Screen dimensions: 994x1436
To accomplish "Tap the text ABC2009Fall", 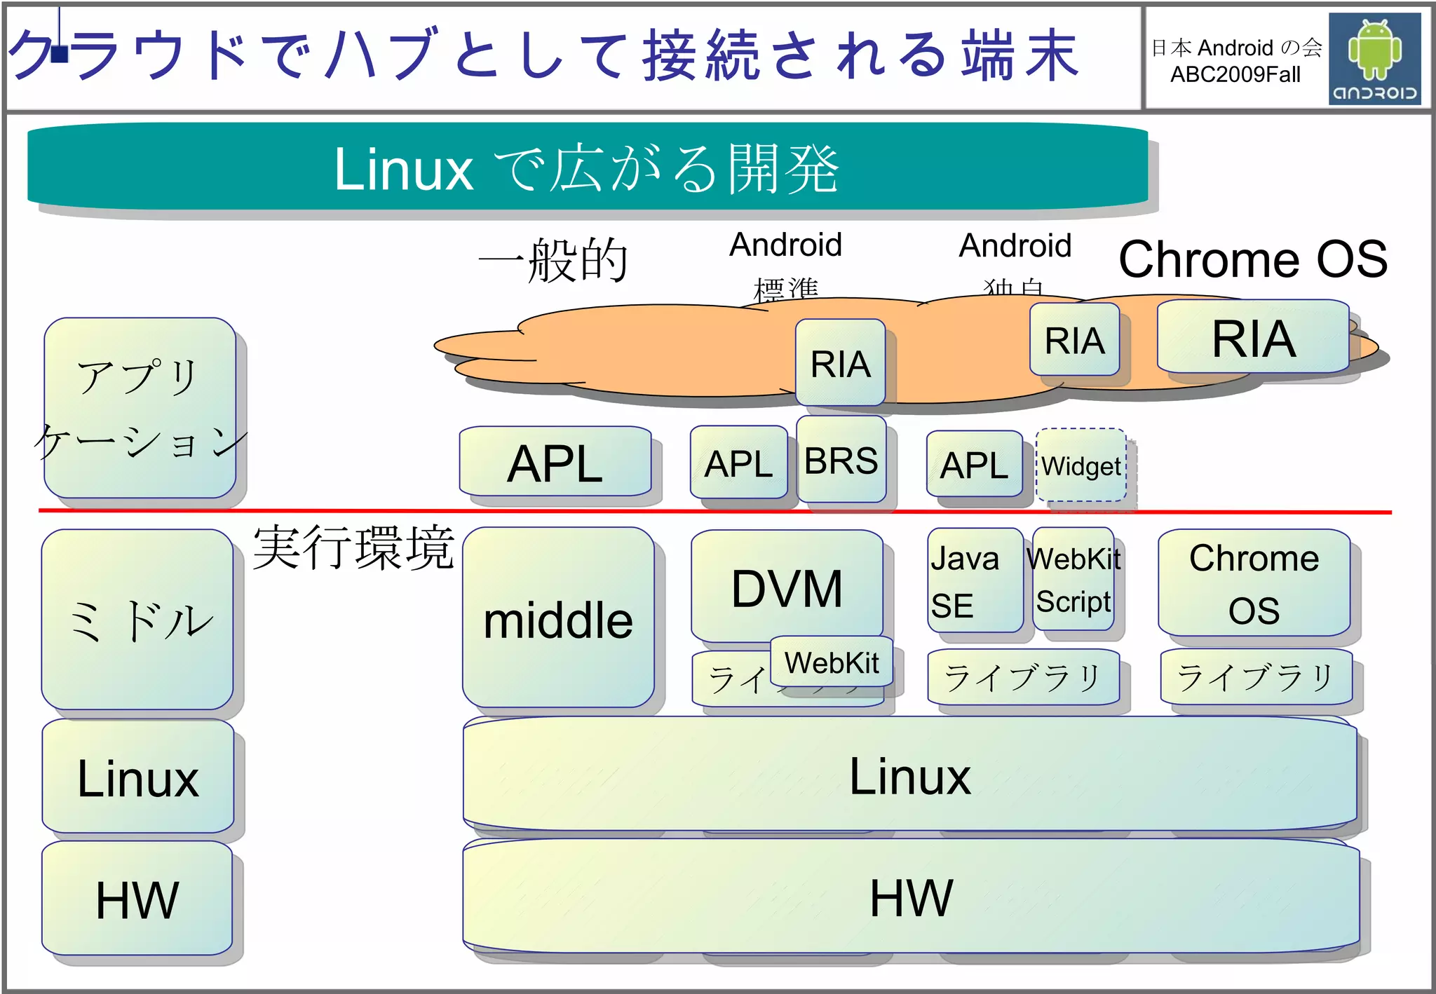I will [x=1235, y=74].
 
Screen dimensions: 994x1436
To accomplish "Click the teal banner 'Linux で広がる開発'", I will [x=588, y=168].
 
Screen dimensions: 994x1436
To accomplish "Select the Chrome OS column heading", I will [x=1253, y=259].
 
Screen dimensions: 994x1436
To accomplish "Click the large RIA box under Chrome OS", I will [x=1253, y=338].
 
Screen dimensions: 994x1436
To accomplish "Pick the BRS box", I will [x=841, y=461].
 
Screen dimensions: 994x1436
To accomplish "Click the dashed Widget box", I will [x=1081, y=465].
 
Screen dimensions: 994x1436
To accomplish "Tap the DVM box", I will [x=787, y=587].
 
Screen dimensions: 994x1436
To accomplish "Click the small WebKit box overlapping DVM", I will [x=831, y=662].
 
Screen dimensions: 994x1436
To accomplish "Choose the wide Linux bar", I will [x=909, y=775].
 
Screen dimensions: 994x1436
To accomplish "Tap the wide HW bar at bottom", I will [x=911, y=897].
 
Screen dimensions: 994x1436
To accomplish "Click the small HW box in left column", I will [x=137, y=899].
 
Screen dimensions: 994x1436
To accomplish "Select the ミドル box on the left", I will [x=137, y=620].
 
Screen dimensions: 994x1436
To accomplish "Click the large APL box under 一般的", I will [x=555, y=463].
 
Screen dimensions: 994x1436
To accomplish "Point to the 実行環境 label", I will [x=353, y=547].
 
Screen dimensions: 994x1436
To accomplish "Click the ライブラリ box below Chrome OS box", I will [x=1255, y=677].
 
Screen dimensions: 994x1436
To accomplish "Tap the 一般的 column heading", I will [x=553, y=260].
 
